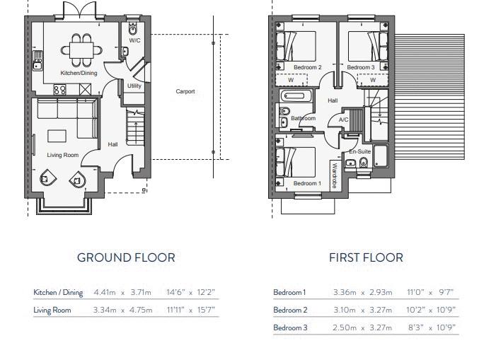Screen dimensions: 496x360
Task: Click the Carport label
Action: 185,91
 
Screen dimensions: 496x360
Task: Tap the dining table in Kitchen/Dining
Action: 81,50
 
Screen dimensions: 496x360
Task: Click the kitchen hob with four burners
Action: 59,89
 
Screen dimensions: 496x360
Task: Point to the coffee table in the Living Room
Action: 57,137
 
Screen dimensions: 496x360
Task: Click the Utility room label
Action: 134,86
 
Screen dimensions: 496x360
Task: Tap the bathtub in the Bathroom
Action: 296,95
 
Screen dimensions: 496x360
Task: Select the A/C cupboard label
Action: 344,120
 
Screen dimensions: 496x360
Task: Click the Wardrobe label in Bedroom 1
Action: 335,175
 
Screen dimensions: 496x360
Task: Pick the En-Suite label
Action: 359,151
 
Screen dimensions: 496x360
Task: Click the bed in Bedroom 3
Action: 368,46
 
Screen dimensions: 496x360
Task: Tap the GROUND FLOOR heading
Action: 126,257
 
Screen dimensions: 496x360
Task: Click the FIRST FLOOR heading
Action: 366,257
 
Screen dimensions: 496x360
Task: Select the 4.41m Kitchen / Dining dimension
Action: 105,292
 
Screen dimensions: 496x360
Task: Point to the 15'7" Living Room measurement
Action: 206,310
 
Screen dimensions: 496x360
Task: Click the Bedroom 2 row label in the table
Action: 290,310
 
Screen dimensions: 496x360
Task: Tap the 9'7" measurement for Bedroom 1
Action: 446,292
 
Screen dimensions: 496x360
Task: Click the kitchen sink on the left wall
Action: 38,60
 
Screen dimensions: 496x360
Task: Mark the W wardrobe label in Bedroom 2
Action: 291,80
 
